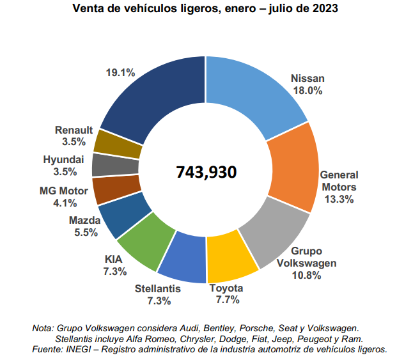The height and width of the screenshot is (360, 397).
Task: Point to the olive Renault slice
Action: (117, 143)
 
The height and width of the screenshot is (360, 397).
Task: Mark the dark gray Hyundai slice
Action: (114, 164)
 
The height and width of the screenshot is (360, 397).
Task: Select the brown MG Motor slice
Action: (114, 189)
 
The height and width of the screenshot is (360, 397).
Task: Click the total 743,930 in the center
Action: (206, 172)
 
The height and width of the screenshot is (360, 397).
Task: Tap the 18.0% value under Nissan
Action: (307, 91)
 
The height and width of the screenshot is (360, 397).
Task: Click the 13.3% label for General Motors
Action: (339, 199)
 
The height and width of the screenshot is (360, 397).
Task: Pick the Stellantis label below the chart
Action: (158, 288)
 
